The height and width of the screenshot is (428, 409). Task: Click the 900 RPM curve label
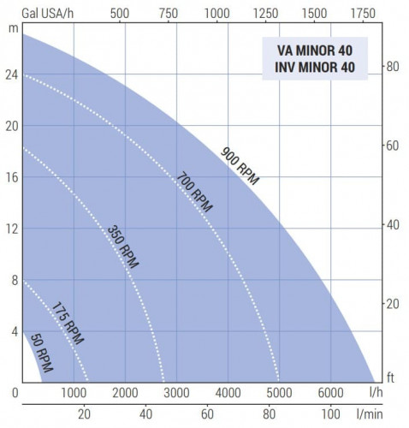(240, 166)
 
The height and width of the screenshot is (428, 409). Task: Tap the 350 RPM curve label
(123, 247)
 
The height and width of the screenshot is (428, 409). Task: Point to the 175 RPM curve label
(68, 321)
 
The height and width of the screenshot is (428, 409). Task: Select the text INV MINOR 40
(315, 68)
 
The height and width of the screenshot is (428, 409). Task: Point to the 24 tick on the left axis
(11, 74)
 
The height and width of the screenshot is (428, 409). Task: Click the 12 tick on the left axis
(11, 229)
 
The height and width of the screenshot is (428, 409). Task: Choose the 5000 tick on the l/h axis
(279, 394)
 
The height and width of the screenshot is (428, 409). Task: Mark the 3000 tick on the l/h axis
(176, 394)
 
